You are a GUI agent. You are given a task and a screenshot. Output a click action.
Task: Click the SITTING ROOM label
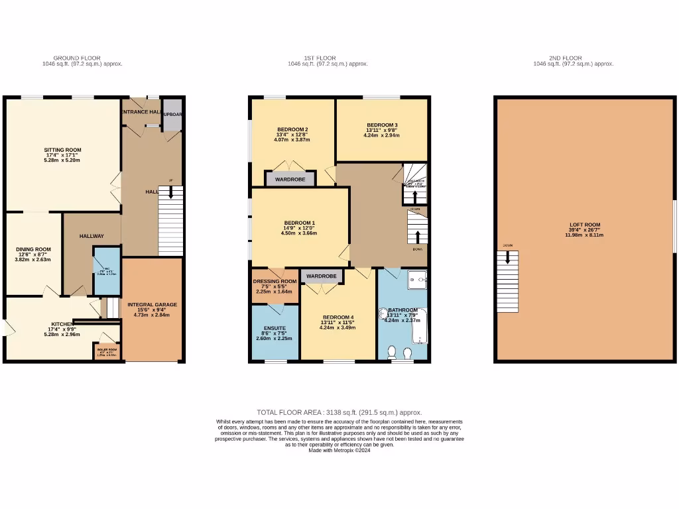click(63, 150)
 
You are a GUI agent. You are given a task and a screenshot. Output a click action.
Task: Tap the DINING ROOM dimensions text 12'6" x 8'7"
click(33, 254)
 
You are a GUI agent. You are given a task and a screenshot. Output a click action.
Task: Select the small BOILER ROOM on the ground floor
click(107, 351)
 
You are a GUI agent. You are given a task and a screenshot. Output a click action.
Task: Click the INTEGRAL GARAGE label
click(153, 305)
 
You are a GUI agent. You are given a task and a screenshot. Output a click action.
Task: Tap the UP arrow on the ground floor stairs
click(171, 192)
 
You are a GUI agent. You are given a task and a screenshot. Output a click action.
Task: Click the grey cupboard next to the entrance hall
click(172, 114)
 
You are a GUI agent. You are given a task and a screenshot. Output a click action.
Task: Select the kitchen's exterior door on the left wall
click(5, 327)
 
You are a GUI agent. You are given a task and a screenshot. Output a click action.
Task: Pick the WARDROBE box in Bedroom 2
click(290, 179)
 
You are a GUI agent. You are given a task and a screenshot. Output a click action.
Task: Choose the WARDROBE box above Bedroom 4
click(322, 276)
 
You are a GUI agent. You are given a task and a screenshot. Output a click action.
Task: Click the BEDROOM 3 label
click(382, 125)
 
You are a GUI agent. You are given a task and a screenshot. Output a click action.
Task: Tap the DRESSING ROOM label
click(275, 282)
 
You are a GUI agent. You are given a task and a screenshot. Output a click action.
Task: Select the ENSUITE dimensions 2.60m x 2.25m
click(274, 339)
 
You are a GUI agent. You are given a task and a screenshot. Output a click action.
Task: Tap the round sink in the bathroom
click(383, 314)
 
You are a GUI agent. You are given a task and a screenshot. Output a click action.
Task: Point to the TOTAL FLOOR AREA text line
click(339, 412)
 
